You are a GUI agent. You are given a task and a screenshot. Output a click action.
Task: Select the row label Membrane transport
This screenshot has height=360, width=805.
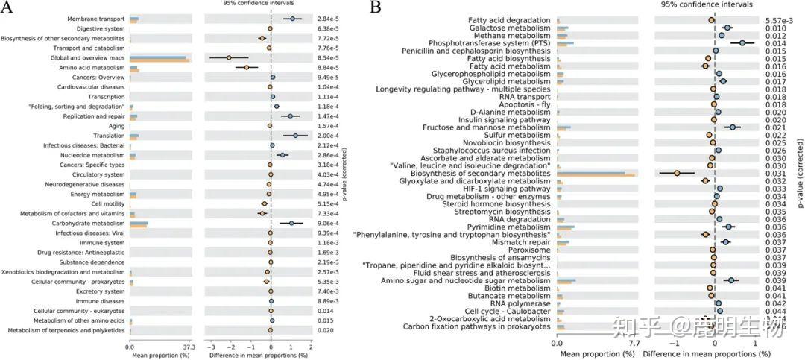point(96,19)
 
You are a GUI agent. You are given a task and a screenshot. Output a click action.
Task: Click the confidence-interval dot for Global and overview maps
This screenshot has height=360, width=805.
point(229,57)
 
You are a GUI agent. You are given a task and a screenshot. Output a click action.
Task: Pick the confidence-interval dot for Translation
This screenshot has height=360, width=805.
point(296,136)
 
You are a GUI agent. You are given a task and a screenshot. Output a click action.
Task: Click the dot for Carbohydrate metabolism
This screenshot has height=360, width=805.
point(291,223)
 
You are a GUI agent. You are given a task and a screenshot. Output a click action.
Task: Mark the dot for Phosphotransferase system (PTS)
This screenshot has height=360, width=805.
point(742,44)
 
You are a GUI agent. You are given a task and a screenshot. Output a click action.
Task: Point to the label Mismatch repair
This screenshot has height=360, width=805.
point(521,241)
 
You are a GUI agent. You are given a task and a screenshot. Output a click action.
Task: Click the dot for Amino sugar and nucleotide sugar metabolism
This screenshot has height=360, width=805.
point(732,280)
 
